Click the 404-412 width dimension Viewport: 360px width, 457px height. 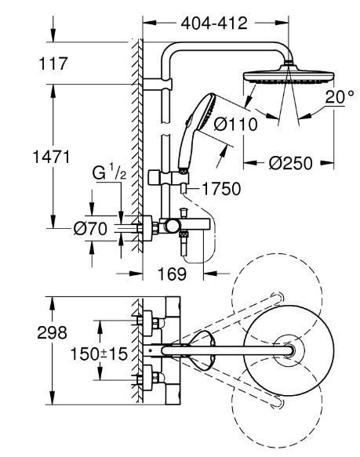(214, 23)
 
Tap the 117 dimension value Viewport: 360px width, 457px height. (53, 63)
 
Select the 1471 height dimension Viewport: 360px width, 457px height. (51, 157)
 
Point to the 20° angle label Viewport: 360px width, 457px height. (340, 97)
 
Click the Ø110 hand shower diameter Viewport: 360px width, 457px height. (235, 125)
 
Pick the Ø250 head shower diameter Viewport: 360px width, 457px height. (290, 163)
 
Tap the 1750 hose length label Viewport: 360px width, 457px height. (221, 189)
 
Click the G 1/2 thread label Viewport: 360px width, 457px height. (109, 172)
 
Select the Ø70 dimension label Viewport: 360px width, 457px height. (90, 229)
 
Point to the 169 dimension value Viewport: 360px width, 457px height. (172, 274)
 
